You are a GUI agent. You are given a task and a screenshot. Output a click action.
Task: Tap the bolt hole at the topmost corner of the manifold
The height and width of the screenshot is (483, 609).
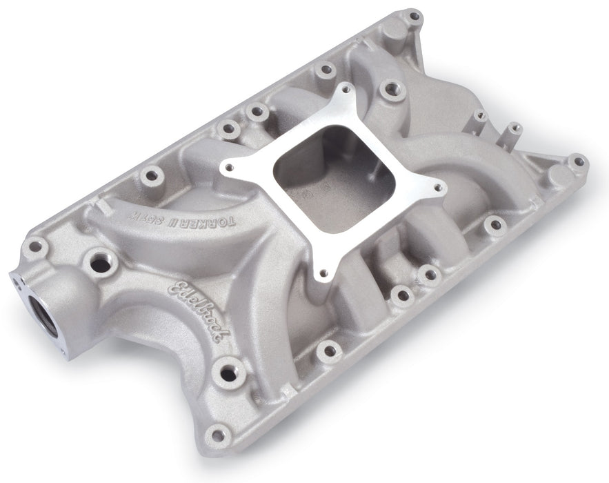click(414, 16)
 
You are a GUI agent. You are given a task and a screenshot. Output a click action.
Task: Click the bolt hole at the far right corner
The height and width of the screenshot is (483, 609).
click(578, 162)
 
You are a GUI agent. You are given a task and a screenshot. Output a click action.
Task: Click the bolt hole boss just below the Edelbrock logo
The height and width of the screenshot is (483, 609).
click(228, 373)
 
